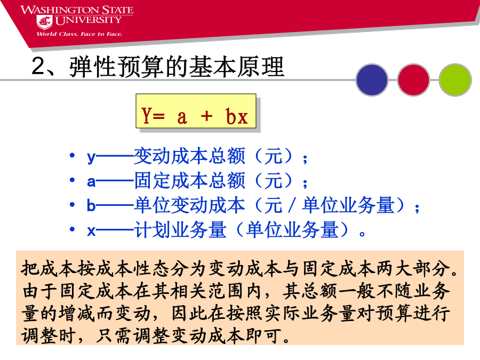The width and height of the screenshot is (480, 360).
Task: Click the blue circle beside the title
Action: tap(372, 79)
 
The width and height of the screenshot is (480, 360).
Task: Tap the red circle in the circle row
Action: tap(413, 79)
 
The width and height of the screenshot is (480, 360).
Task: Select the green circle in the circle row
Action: tap(455, 79)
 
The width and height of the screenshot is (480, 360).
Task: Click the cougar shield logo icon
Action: tap(44, 22)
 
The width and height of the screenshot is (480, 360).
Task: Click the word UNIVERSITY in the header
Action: tap(88, 20)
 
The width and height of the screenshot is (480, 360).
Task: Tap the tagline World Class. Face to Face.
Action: tap(79, 34)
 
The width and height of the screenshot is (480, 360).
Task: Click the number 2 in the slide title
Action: tap(39, 66)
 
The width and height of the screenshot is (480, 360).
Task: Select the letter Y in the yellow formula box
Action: tap(146, 115)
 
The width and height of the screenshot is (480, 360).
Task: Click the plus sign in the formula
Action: tap(206, 116)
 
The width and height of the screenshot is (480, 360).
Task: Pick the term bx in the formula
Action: tap(236, 116)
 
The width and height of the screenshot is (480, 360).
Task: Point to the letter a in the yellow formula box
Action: tap(182, 117)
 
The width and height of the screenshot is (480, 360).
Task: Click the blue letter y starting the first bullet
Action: tap(91, 158)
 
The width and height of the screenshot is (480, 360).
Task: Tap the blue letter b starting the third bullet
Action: tap(91, 205)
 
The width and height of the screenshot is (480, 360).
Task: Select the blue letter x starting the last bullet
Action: tap(91, 231)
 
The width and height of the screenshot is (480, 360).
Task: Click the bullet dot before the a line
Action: tap(72, 180)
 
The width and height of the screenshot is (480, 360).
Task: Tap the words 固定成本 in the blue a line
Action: tap(171, 181)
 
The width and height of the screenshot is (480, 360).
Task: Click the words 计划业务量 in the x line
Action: tap(181, 230)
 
